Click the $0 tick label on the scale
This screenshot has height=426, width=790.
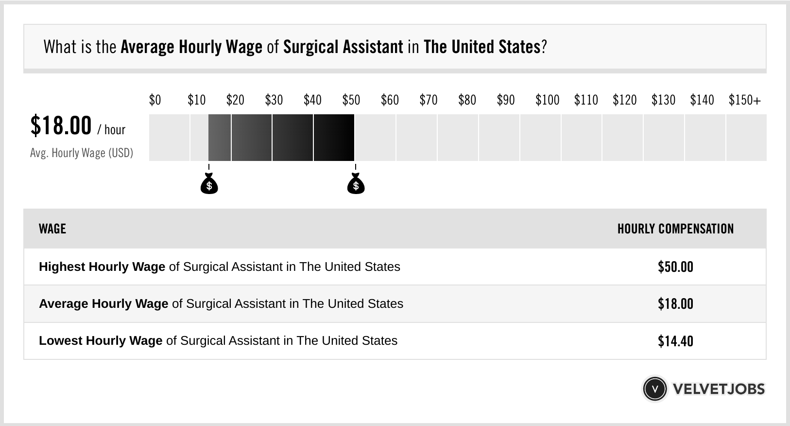point(155,100)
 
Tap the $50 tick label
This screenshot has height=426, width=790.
point(351,100)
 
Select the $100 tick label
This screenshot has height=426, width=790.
point(547,100)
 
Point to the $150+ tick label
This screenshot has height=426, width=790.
point(744,100)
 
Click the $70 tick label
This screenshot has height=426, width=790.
point(429,100)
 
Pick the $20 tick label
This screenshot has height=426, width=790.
point(235,100)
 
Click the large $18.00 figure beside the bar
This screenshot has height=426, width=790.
point(61,125)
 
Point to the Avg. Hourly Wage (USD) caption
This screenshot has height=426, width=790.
point(82,153)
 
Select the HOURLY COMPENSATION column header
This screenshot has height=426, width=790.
point(675,229)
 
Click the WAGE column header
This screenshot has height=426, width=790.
point(52,229)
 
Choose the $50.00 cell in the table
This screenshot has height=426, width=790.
point(675,267)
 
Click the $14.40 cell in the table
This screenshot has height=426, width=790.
point(675,341)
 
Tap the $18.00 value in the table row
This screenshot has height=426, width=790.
point(675,304)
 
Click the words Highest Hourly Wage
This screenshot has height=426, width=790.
point(102,267)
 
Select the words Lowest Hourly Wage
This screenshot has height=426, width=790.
point(101,341)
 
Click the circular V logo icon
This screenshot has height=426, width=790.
point(654,389)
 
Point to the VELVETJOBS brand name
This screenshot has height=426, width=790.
point(719,389)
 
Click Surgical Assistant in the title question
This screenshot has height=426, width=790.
point(343,47)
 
